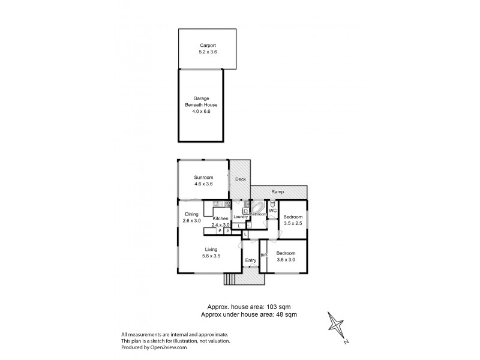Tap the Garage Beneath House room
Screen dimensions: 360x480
[x=201, y=106]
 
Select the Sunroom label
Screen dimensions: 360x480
[x=203, y=178]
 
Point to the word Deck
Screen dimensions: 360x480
[x=240, y=179]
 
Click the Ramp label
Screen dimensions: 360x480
[x=278, y=192]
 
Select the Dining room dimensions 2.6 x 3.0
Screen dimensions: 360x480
[x=191, y=221]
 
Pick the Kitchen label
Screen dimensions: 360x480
[x=221, y=218]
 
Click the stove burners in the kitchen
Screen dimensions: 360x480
[x=227, y=205]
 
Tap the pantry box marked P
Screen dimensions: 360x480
[x=228, y=230]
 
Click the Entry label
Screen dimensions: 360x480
[x=251, y=260]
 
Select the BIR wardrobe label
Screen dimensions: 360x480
[x=263, y=256]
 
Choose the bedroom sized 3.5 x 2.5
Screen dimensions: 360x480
[x=292, y=220]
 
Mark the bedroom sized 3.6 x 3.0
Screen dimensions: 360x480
[x=286, y=257]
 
